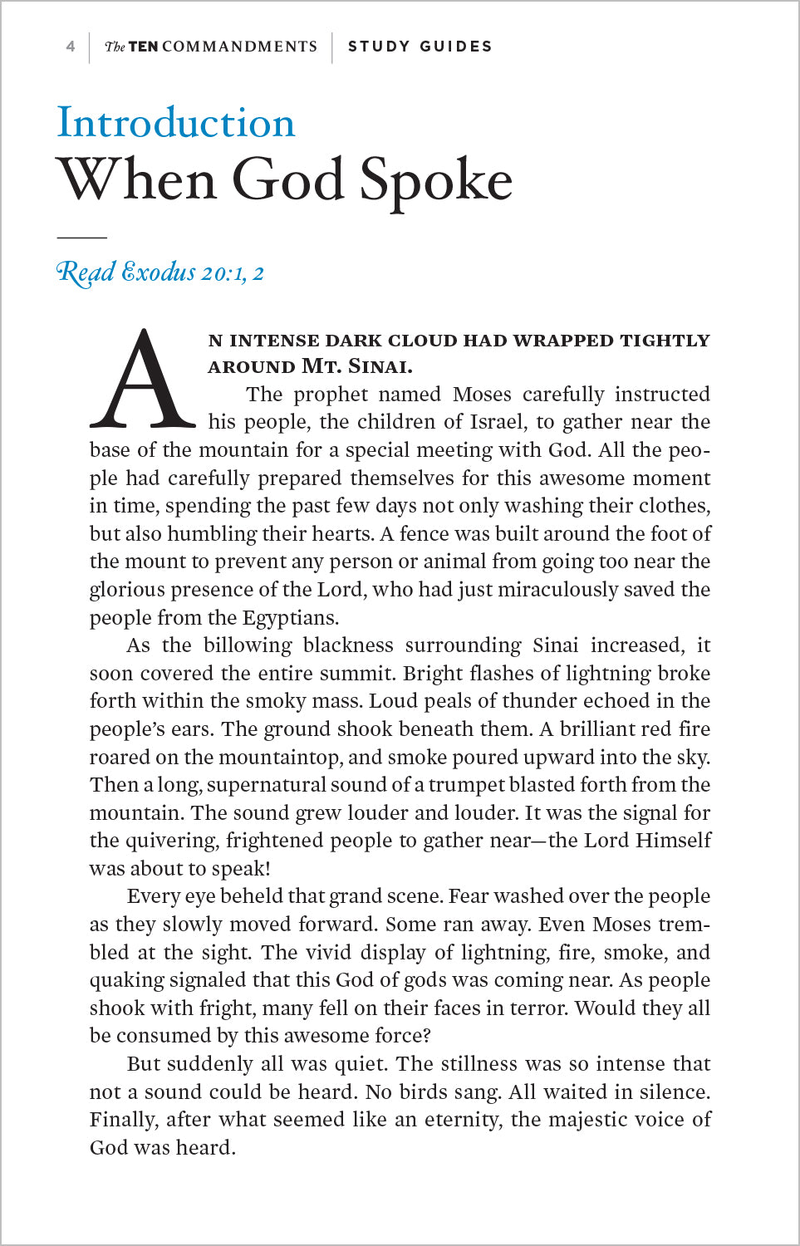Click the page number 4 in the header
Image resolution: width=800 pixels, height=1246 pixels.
71,47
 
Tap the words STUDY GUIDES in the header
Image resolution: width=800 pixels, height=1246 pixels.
420,47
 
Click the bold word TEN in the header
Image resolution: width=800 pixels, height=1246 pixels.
144,47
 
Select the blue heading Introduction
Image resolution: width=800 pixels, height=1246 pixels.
176,123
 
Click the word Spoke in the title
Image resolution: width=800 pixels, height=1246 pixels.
436,180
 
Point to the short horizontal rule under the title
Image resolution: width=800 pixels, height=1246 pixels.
81,238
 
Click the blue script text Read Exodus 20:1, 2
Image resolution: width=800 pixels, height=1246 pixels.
160,272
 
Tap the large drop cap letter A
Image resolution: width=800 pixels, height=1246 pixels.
143,380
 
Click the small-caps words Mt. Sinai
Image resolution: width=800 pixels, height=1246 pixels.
357,366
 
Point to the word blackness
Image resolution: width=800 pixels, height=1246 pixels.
348,645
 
